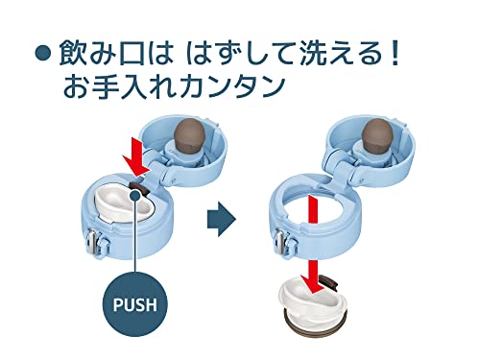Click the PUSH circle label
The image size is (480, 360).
135,304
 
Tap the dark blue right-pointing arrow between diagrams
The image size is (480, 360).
222,219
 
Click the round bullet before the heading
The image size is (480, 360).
42,53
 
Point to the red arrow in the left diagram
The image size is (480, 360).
136,160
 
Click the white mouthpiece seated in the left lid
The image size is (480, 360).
123,204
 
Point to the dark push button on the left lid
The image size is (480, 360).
139,187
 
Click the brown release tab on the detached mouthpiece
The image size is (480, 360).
329,281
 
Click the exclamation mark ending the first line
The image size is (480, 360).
396,53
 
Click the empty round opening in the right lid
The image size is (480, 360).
314,204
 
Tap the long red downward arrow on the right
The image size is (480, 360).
314,244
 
